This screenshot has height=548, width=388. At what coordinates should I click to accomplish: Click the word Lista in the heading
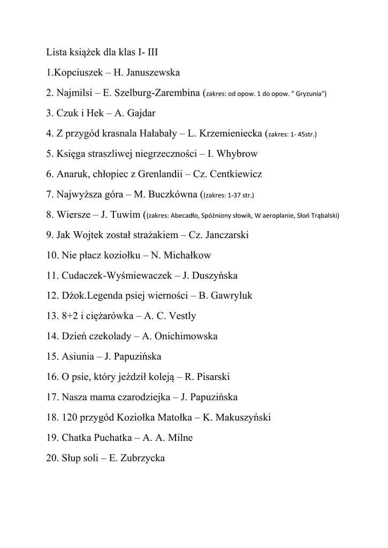[x=56, y=52]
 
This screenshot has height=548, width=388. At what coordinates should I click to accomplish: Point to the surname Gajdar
[x=140, y=113]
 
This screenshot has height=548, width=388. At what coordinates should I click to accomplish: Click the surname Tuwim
[x=127, y=215]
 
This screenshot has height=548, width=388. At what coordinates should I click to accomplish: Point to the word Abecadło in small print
[x=184, y=216]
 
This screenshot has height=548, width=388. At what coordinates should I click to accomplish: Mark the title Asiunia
[x=78, y=356]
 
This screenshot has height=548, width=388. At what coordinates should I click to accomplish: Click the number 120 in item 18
[x=70, y=417]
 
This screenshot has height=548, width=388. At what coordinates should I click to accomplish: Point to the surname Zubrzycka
[x=142, y=458]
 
